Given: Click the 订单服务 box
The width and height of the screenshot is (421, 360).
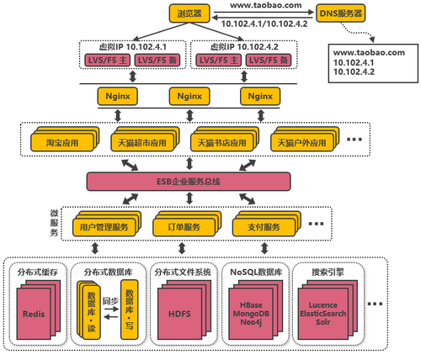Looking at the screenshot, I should [180, 226].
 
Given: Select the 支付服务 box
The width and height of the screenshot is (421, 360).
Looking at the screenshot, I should [258, 226].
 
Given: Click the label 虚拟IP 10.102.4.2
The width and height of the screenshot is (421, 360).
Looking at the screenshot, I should [235, 47].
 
